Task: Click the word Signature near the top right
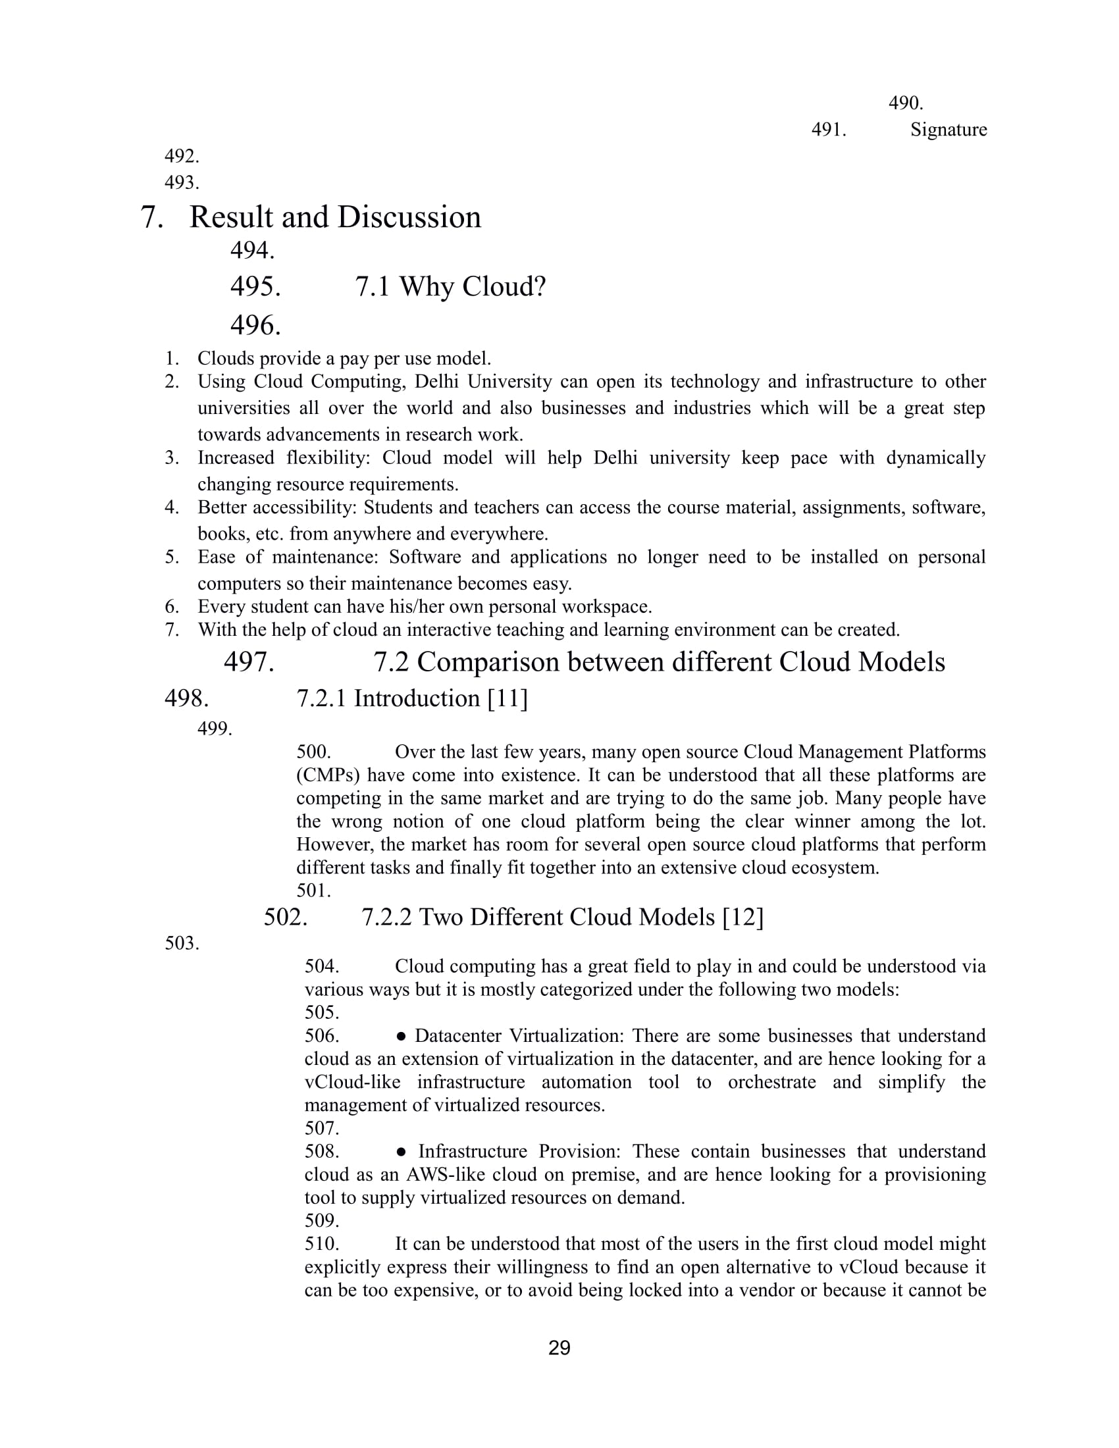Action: coord(948,130)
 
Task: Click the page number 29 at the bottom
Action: coord(559,1348)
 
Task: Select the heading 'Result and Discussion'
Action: coord(335,217)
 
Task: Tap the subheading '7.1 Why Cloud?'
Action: coord(450,287)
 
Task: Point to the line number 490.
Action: coord(906,103)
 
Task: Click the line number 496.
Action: coord(255,326)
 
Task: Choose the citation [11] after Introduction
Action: coord(507,699)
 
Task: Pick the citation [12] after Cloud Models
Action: coord(742,918)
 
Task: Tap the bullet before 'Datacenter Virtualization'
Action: coord(400,1036)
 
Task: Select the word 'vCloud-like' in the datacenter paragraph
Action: coord(352,1083)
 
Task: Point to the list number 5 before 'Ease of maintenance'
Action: coord(172,557)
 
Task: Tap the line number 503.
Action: coord(182,943)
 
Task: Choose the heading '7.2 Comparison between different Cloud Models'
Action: coord(659,662)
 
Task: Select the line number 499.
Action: coord(215,729)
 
